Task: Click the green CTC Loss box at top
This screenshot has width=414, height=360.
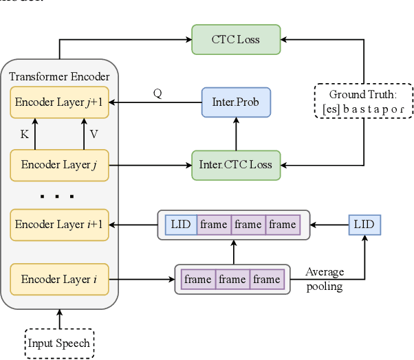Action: [x=236, y=39]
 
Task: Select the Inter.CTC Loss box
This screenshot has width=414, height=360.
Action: [x=236, y=165]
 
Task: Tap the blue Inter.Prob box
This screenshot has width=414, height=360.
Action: [x=236, y=102]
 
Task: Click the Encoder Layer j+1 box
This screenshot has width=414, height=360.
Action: [x=60, y=102]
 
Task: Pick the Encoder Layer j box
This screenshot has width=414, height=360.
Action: [x=60, y=165]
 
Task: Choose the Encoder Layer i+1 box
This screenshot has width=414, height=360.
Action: [x=60, y=225]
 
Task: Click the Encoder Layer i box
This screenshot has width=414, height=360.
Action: [x=60, y=279]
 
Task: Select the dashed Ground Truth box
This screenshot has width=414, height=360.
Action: [x=362, y=101]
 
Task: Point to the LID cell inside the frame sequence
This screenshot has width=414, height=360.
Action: [x=181, y=225]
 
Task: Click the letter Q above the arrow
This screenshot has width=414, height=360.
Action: [x=157, y=93]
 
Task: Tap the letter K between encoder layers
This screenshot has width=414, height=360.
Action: [x=24, y=135]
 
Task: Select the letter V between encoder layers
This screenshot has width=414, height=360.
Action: [x=94, y=135]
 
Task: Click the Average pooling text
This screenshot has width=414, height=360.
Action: [x=324, y=279]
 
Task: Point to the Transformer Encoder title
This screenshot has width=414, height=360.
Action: [x=60, y=76]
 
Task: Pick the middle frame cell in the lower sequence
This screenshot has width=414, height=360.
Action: [x=232, y=280]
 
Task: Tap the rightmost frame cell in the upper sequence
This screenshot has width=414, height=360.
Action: [x=283, y=225]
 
